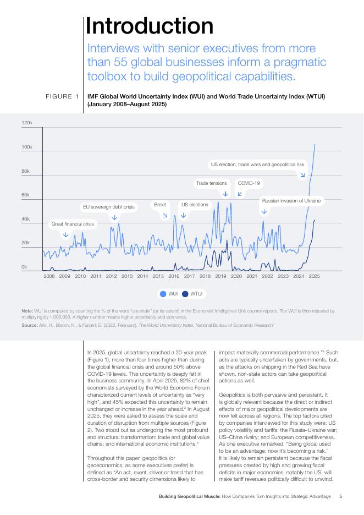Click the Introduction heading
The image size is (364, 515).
(150, 26)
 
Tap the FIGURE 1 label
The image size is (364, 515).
(62, 97)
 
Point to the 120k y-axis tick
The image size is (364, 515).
(27, 123)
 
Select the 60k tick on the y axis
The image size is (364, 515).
(25, 195)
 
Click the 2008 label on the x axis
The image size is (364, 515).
(49, 276)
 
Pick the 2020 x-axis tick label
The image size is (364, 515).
(236, 276)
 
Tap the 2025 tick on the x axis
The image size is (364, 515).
(314, 276)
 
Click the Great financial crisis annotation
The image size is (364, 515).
(73, 224)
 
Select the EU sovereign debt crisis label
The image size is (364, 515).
(108, 207)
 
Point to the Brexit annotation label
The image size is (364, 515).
(160, 204)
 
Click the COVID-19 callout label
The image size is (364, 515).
(249, 183)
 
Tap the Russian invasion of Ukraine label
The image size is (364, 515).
(291, 201)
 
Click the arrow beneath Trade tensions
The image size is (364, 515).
(225, 194)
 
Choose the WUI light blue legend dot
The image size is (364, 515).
(163, 294)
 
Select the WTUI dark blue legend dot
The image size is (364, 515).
(185, 294)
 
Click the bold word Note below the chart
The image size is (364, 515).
(27, 311)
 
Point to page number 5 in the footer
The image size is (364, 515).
(341, 496)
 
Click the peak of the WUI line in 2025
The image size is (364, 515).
(315, 144)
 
